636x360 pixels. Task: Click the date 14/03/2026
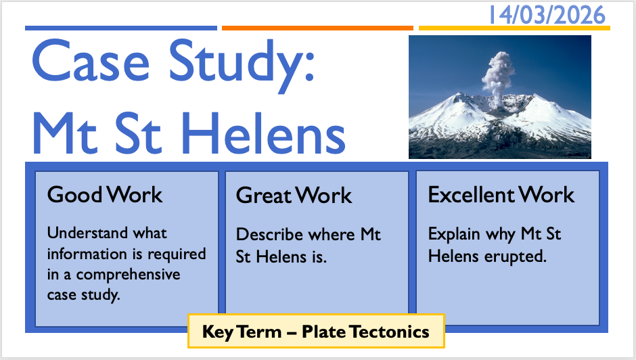[x=547, y=15]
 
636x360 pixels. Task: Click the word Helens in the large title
[x=263, y=133]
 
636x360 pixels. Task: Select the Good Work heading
[x=105, y=194]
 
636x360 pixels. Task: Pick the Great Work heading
[x=294, y=195]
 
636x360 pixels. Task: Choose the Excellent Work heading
[x=501, y=194]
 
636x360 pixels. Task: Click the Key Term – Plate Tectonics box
[x=316, y=331]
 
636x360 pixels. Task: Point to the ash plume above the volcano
[x=498, y=76]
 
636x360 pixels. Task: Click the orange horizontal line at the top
[x=317, y=28]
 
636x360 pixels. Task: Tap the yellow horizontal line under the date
[x=514, y=28]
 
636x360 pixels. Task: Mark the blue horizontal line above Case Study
[x=121, y=28]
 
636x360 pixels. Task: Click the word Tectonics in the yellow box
[x=390, y=332]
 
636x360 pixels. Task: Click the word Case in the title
[x=91, y=60]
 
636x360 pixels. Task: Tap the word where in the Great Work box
[x=332, y=235]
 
